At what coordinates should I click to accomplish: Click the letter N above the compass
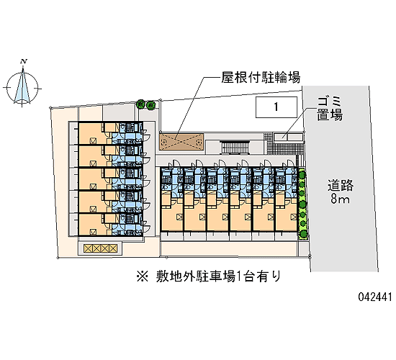point(24,61)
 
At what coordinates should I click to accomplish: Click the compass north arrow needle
point(22,85)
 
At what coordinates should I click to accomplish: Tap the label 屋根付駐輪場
point(261,77)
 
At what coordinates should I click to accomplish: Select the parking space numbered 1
point(276,107)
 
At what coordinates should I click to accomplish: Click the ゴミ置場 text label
point(330,109)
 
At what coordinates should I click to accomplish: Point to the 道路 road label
point(341,186)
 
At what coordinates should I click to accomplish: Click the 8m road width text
point(340,199)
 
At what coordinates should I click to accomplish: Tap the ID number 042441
point(375,297)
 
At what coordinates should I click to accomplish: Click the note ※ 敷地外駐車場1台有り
point(209,276)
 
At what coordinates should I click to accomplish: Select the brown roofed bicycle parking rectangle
point(181,142)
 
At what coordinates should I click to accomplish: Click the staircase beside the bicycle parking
point(235,148)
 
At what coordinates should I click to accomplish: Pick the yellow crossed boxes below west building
point(101,248)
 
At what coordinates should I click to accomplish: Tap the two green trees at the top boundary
point(146,104)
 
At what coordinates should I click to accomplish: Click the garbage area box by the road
point(288,138)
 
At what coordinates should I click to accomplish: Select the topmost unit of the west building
point(111,133)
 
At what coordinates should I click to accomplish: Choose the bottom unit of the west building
point(111,225)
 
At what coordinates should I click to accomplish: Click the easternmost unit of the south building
point(287,199)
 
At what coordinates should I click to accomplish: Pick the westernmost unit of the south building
point(172,199)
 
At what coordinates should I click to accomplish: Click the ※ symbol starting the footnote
point(142,276)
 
